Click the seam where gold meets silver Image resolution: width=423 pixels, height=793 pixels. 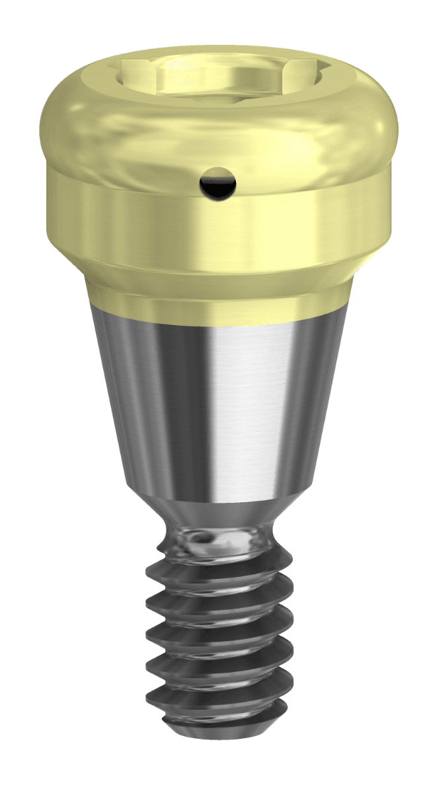(x=218, y=316)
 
